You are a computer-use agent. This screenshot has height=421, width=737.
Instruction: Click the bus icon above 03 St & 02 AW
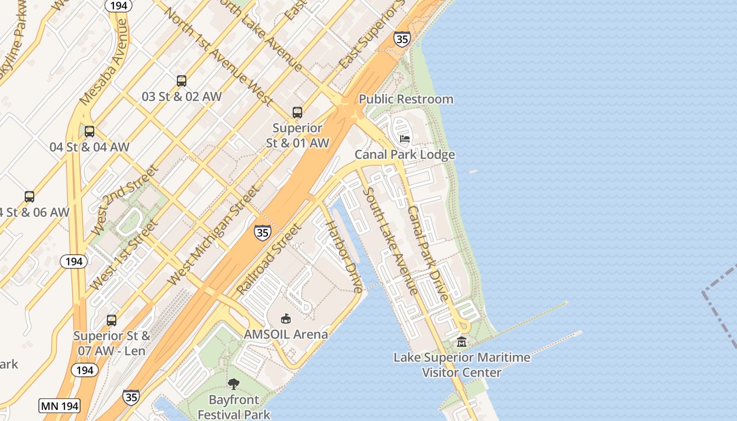coord(182,81)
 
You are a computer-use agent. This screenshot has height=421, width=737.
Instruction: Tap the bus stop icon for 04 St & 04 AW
coord(89,132)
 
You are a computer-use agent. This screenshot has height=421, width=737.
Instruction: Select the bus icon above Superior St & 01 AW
coord(297,112)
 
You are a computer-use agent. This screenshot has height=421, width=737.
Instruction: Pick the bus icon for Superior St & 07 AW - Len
coord(112,320)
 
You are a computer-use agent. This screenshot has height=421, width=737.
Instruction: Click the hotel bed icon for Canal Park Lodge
coord(405,139)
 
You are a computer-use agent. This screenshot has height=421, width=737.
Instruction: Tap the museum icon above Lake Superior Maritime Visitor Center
coord(462,342)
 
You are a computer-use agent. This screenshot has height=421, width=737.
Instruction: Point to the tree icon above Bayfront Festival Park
coord(234,384)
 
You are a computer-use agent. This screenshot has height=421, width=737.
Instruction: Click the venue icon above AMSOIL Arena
coord(286,318)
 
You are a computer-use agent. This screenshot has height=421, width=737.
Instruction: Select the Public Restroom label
coord(406,99)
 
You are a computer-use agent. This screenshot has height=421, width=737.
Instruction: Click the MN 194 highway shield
coord(59,406)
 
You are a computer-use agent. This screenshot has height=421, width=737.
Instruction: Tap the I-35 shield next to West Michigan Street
coord(262,232)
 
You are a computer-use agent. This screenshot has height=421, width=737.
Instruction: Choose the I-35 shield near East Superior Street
coord(402,39)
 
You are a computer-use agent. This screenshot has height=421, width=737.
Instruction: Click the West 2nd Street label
coord(124,200)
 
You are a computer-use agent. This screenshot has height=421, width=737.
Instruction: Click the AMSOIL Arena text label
coord(286,334)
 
